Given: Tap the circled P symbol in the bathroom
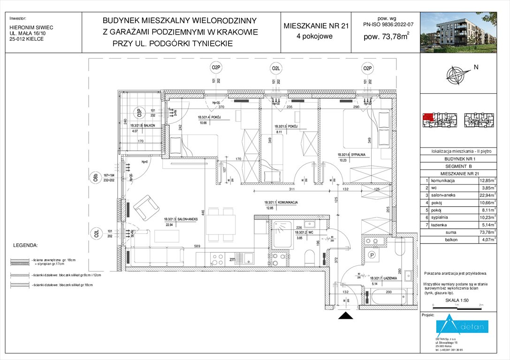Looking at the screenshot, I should [372, 255].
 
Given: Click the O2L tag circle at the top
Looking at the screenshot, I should [276, 69].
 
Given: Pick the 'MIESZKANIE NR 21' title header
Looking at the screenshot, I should [316, 27].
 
